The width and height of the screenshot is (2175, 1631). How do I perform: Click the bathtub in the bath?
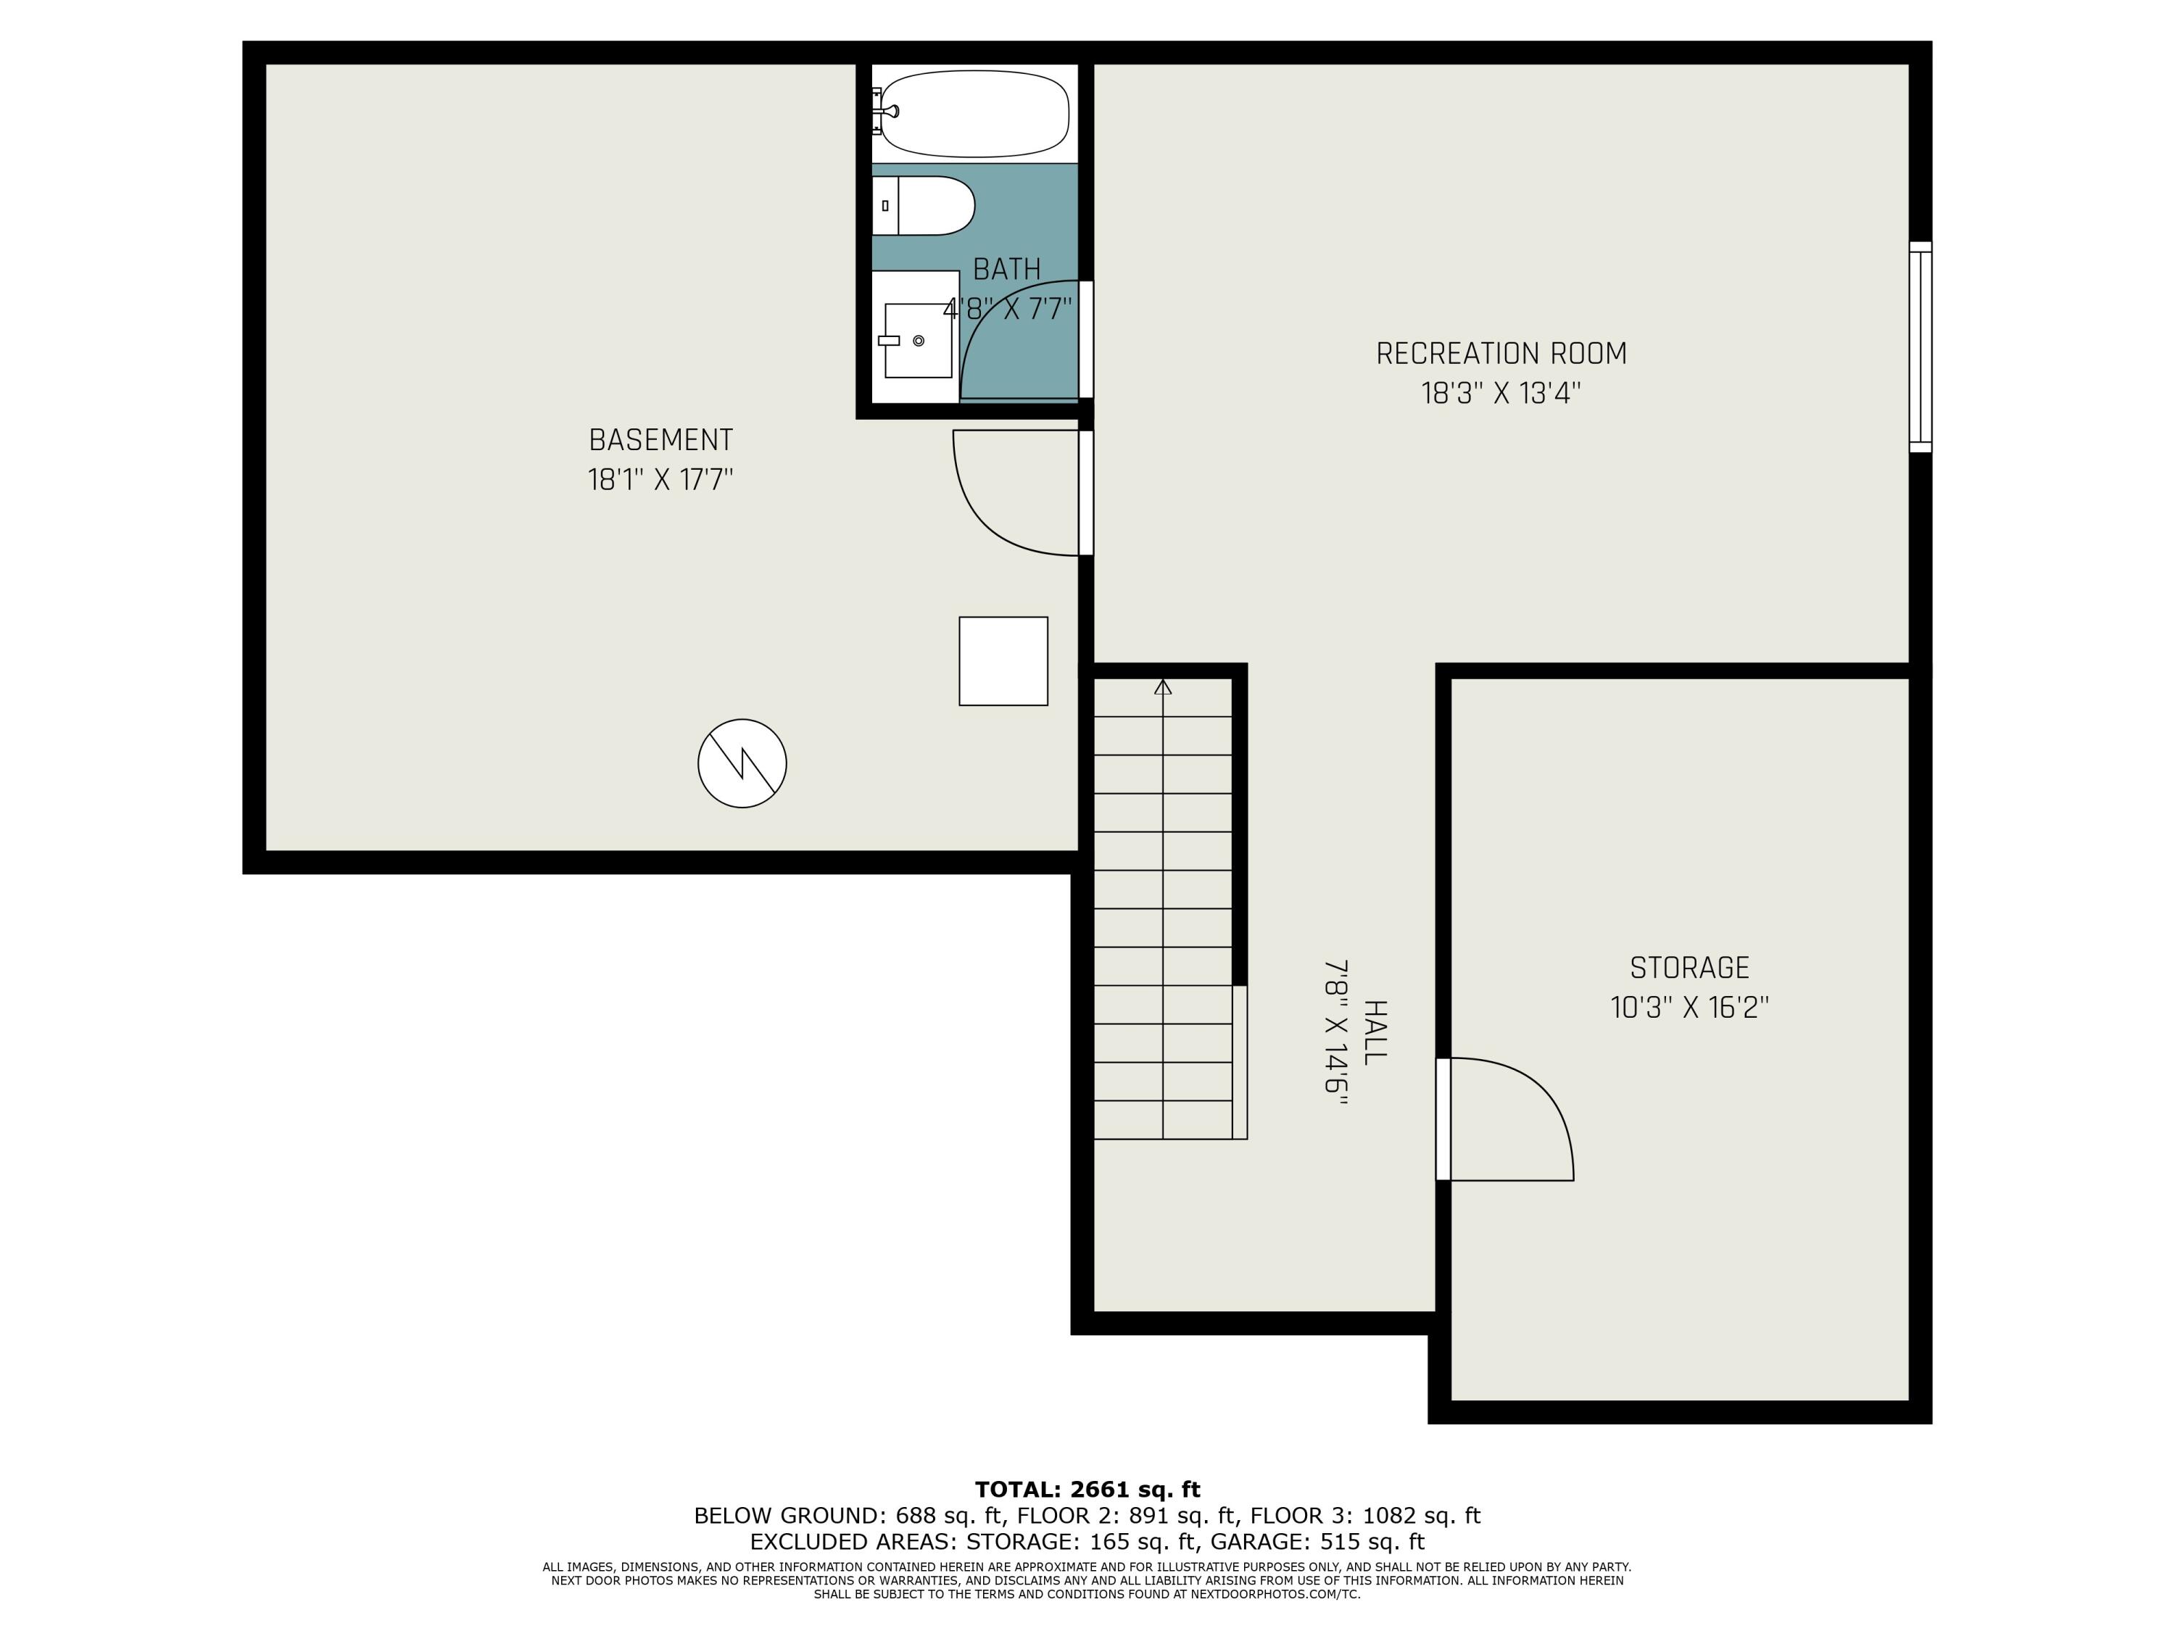coord(974,113)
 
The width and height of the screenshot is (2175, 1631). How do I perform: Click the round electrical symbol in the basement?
coord(742,763)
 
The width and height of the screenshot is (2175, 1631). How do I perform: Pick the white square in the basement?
coord(1003,660)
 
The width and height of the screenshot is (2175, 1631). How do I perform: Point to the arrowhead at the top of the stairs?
coord(1163,686)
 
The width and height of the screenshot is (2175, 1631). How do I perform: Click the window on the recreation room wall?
coord(1921,347)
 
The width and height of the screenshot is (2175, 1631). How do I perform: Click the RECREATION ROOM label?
coord(1501,353)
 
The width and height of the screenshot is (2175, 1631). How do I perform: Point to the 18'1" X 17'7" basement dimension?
coord(660,480)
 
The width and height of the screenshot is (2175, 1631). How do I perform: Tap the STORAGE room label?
coord(1689,968)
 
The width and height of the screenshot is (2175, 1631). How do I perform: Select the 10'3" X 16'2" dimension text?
coord(1689,1008)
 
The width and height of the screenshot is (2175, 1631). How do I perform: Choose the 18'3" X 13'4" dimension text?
coord(1501,393)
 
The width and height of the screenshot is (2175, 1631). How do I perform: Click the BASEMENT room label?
coord(660,439)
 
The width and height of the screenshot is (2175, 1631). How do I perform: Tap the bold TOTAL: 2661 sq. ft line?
coord(1087,1490)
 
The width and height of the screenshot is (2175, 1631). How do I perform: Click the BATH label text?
coord(1007,268)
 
